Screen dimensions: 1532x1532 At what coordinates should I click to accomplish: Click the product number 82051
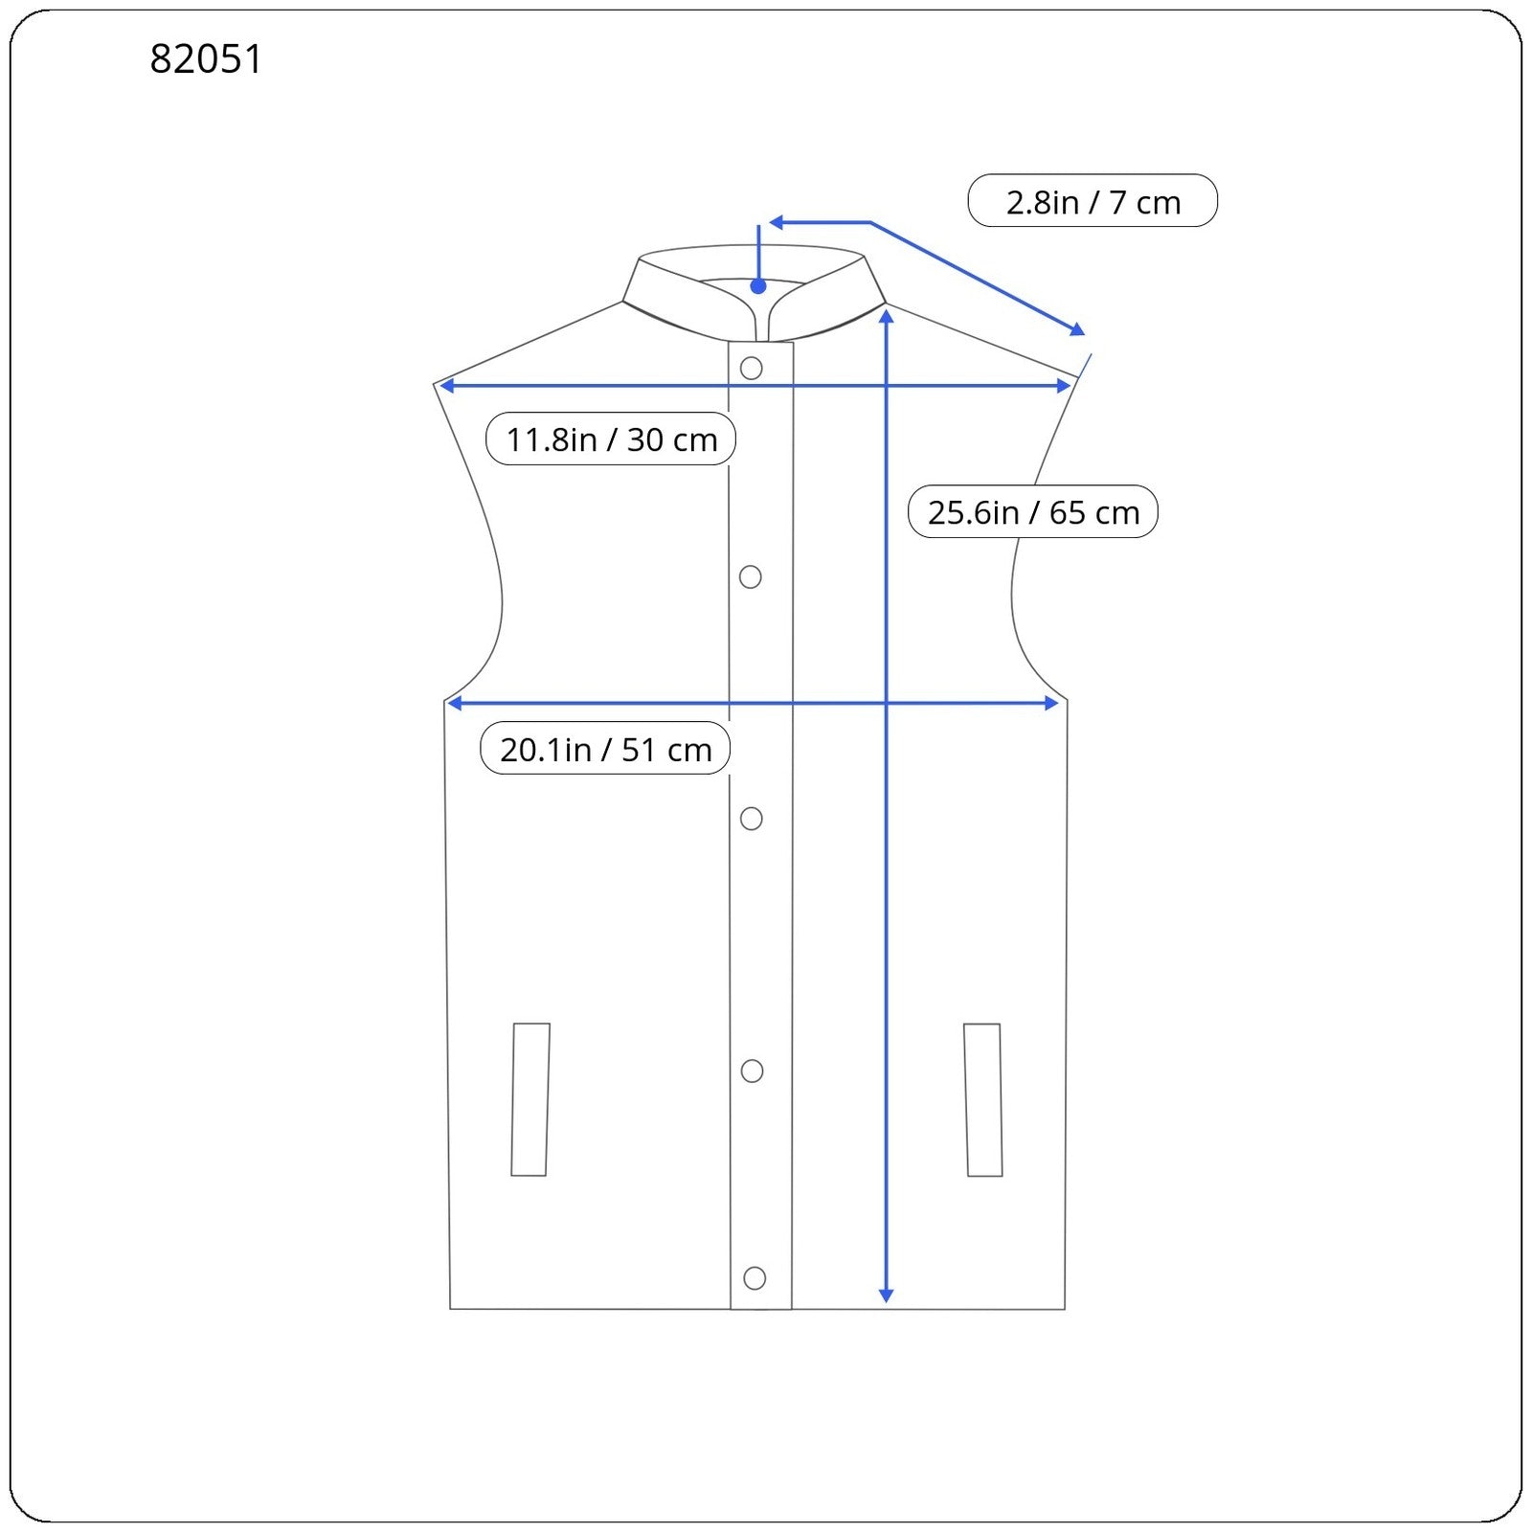click(206, 59)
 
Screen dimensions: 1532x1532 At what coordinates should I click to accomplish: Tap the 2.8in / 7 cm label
click(1093, 201)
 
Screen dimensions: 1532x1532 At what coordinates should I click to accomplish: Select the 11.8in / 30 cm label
click(611, 439)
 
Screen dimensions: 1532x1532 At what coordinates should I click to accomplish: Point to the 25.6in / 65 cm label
click(1033, 511)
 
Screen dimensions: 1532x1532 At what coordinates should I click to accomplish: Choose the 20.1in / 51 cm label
click(605, 748)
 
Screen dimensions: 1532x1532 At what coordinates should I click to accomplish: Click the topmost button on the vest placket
click(752, 368)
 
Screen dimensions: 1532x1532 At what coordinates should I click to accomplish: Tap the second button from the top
click(751, 576)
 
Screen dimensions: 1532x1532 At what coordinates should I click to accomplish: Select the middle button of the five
click(752, 819)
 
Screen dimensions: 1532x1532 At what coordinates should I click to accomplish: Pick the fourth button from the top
click(753, 1070)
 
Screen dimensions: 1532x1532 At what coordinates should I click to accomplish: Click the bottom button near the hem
click(755, 1277)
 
